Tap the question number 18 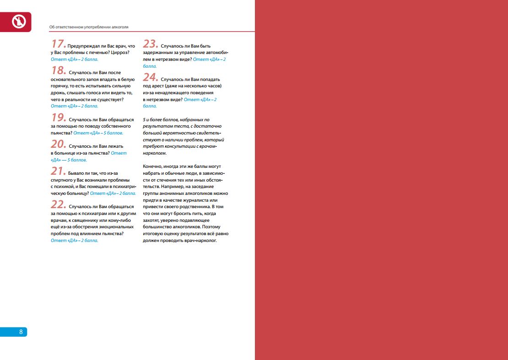click(x=58, y=71)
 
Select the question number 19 click(x=58, y=118)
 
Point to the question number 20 click(x=58, y=144)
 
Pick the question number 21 click(x=58, y=171)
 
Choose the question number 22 click(x=58, y=204)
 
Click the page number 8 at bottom click(x=21, y=332)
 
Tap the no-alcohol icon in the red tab click(x=18, y=21)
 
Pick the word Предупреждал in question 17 click(x=82, y=46)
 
